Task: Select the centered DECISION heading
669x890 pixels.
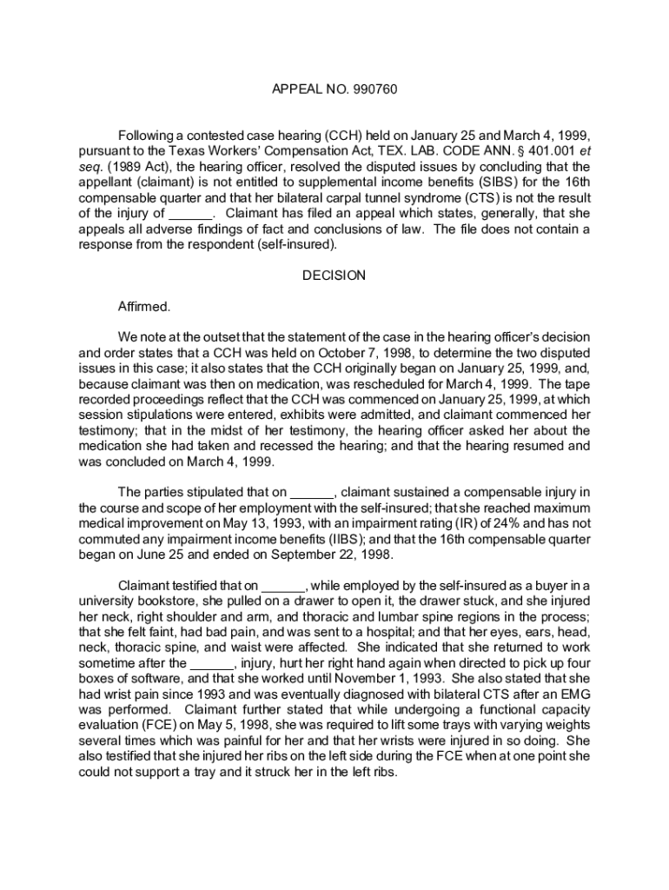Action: pyautogui.click(x=334, y=276)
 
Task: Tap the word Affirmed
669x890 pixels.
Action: pyautogui.click(x=144, y=307)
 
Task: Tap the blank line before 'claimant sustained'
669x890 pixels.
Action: pyautogui.click(x=312, y=492)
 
